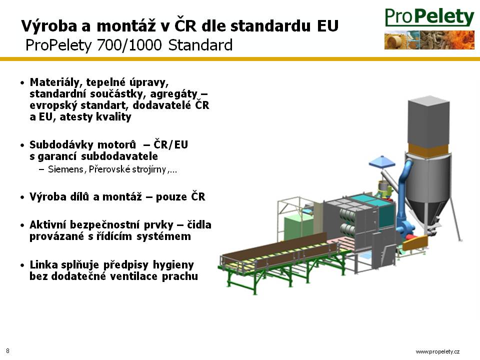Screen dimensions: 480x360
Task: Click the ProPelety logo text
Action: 429,17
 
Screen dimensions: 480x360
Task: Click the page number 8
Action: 7,351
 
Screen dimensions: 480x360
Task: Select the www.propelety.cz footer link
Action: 437,351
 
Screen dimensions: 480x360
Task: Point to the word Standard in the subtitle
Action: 200,45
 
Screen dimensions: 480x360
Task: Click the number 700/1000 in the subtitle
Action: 129,45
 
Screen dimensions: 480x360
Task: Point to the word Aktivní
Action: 48,224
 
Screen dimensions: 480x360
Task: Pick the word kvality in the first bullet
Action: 113,117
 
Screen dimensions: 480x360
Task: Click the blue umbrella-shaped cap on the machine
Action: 382,161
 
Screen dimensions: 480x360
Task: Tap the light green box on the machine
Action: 298,228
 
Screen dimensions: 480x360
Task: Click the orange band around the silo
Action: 428,149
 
